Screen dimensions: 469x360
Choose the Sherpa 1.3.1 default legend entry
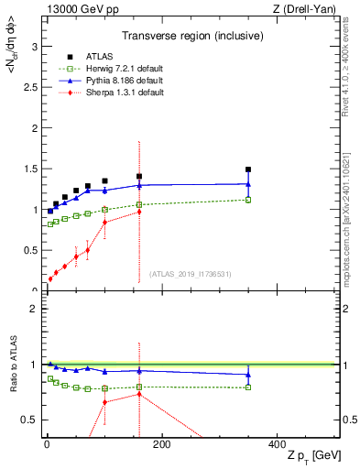pos(108,93)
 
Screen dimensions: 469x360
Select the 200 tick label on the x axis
pos(161,445)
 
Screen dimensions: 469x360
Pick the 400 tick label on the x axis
pos(276,445)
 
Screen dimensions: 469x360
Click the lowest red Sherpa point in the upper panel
pos(49,278)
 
